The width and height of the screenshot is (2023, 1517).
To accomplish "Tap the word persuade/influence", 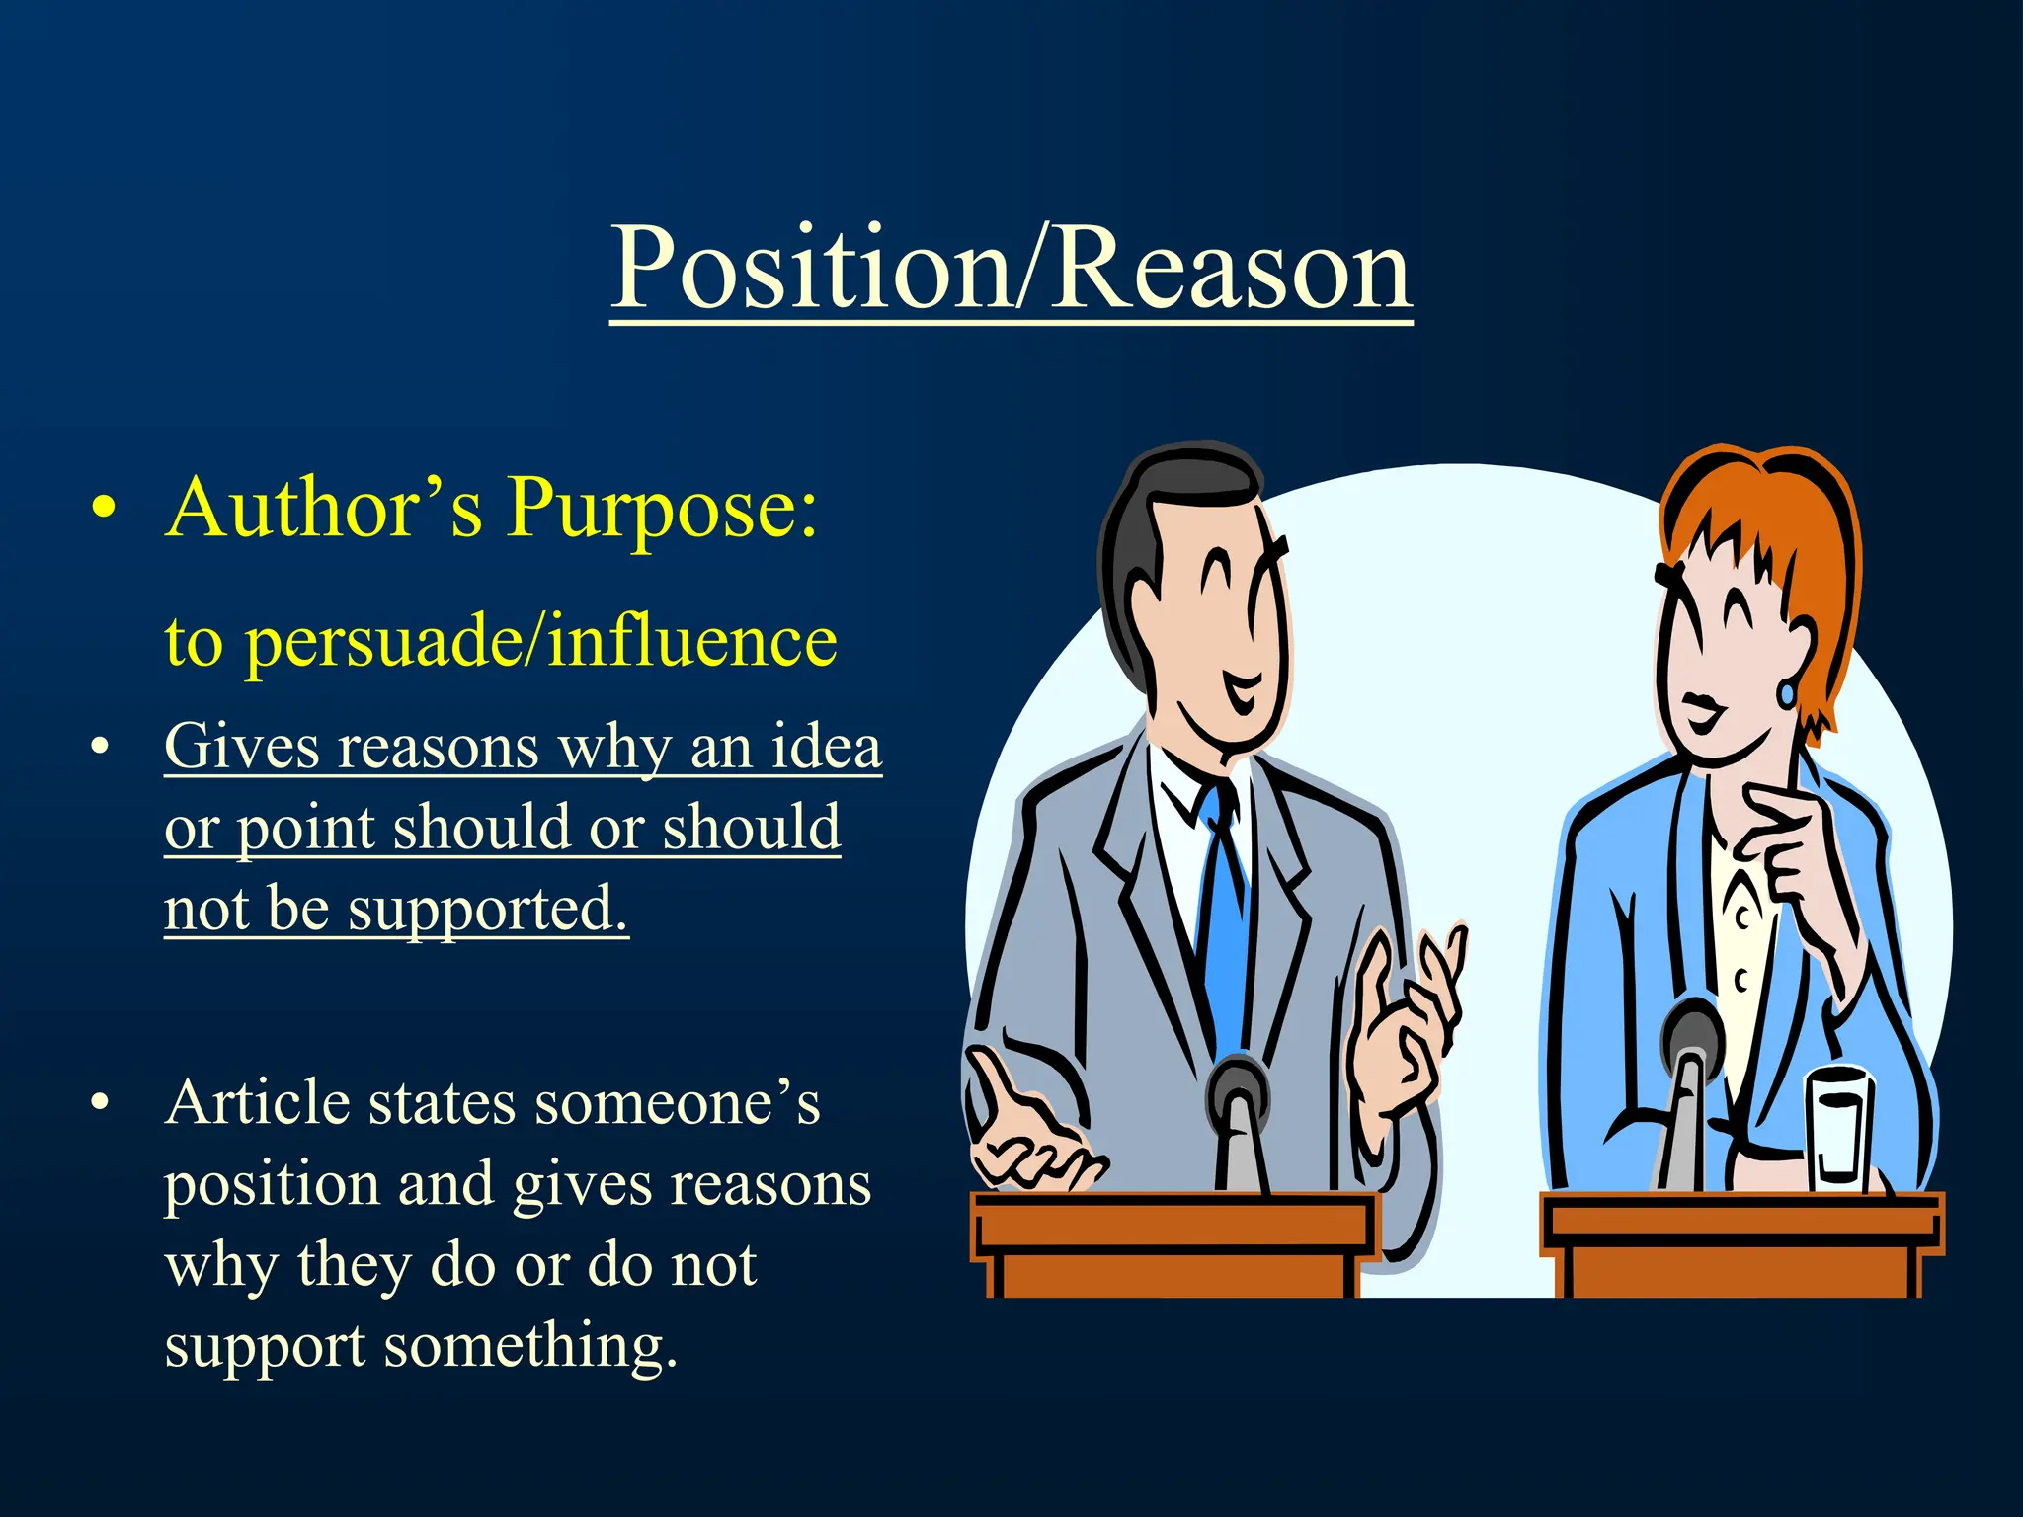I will (541, 642).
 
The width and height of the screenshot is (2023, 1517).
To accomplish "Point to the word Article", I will (258, 1102).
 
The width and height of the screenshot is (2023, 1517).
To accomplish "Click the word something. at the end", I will (530, 1345).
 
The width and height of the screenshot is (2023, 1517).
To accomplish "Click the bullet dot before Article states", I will (99, 1103).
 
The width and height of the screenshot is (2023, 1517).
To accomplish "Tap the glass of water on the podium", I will (1839, 1131).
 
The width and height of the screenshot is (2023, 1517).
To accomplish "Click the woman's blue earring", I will (1786, 692).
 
